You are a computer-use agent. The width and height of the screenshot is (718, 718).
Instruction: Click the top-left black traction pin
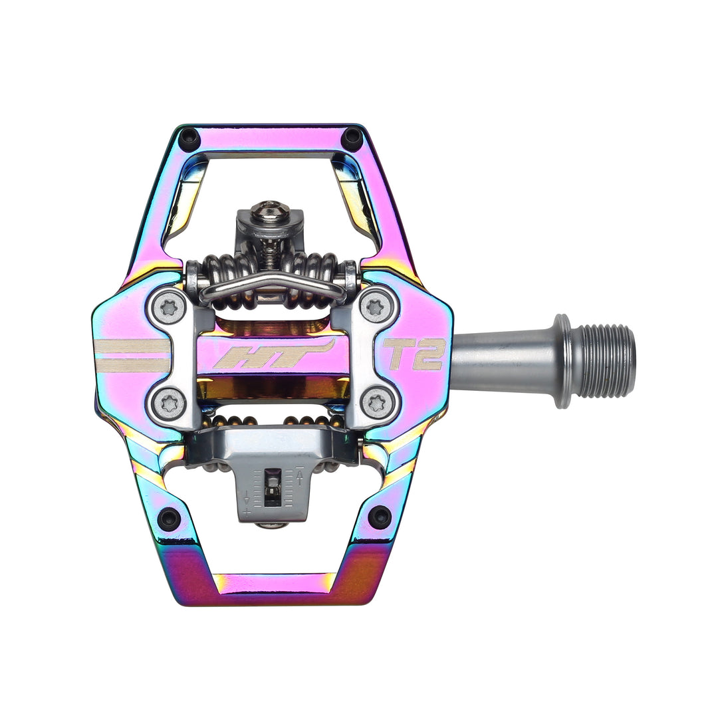189,139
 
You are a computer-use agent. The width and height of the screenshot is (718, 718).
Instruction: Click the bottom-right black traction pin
380,517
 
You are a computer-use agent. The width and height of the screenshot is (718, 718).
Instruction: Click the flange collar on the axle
562,361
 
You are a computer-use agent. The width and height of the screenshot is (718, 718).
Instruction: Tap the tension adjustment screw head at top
271,210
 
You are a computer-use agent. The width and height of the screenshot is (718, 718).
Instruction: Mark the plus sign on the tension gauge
247,511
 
